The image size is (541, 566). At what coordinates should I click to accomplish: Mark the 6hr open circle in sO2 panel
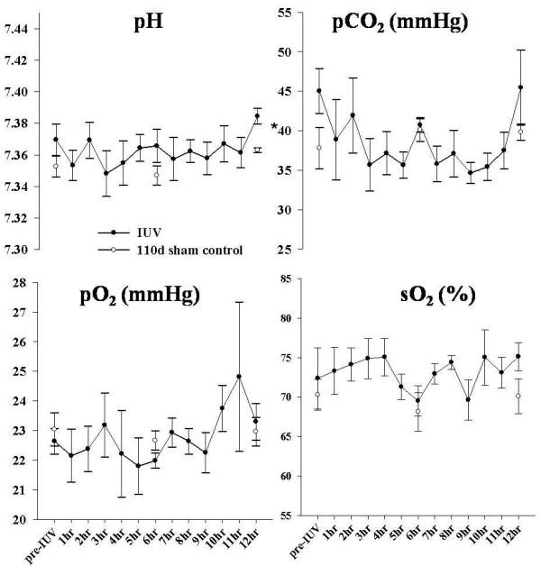[417, 412]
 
